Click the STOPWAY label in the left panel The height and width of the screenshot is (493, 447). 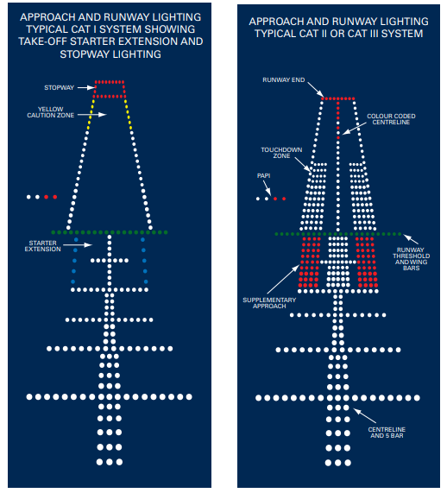click(59, 88)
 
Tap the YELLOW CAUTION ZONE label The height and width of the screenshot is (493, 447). click(51, 112)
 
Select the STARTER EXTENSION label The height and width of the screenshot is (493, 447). click(43, 246)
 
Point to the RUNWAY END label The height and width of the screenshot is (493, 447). click(284, 80)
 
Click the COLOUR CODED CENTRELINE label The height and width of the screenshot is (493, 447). click(391, 119)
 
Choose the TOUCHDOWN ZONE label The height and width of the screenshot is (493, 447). click(281, 153)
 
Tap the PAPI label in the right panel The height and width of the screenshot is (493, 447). click(263, 176)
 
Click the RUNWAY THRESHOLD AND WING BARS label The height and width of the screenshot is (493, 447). click(411, 259)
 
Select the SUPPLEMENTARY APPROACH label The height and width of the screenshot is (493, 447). click(269, 303)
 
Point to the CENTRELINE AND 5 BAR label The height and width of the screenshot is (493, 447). click(387, 433)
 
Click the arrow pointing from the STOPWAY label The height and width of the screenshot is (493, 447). click(86, 88)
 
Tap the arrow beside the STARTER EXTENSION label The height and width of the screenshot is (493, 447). click(78, 244)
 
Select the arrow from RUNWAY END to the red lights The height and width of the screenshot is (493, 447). click(316, 90)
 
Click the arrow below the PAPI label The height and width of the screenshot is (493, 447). click(268, 188)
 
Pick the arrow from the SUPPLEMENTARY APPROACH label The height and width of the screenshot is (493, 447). click(283, 279)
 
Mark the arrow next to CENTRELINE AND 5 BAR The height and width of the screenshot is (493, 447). click(365, 415)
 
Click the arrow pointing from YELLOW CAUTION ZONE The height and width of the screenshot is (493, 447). click(92, 115)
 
